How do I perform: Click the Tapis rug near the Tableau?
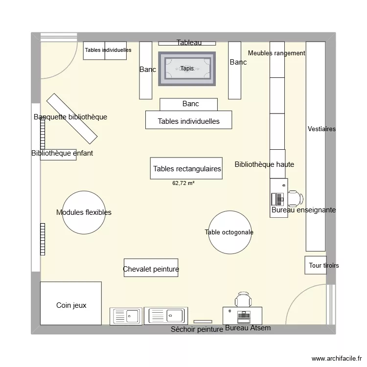coord(187,69)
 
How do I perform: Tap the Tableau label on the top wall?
coord(189,43)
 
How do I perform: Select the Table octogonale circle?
coord(229,232)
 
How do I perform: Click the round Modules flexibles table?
coord(84,212)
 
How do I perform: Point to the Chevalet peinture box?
coord(151,269)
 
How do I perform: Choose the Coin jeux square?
coord(71,305)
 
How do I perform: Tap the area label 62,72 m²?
coord(183,183)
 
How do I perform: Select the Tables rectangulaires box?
coord(186,169)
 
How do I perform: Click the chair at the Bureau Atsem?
coord(243,299)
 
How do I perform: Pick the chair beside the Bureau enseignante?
coord(295,198)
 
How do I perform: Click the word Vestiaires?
coord(321,129)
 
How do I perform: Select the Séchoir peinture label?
coord(197,329)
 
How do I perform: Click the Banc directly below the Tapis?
coord(188,104)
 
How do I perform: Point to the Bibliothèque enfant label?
coord(62,153)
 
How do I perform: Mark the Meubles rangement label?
coord(276,53)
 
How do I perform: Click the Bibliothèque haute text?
coord(264,164)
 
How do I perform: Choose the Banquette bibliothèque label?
coord(70,117)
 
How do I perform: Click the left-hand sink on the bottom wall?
coord(126,316)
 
